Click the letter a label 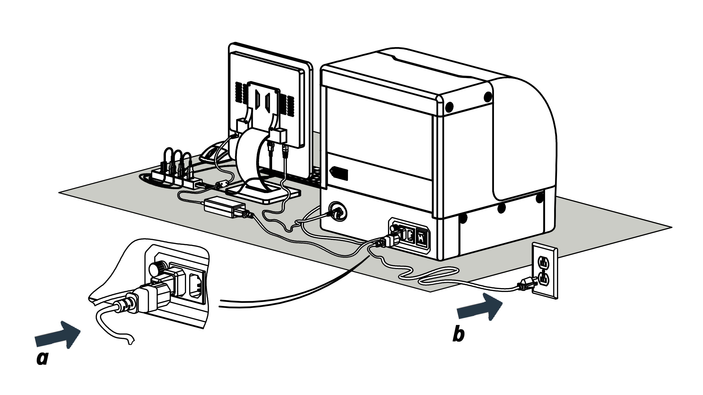(43, 358)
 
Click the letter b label (458, 335)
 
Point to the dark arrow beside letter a (58, 335)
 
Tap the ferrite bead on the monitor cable (222, 185)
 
